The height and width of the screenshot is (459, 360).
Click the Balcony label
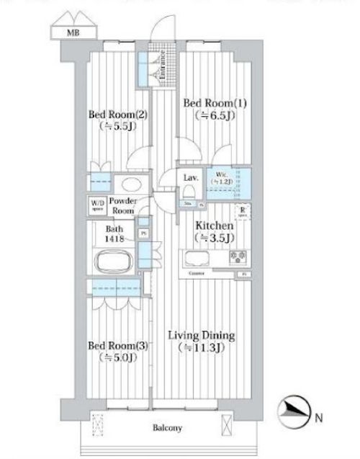168,427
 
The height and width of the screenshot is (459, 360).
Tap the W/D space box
96,205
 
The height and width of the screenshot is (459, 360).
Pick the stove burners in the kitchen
238,258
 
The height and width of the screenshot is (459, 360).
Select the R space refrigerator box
244,212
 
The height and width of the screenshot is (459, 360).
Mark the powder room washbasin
130,184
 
